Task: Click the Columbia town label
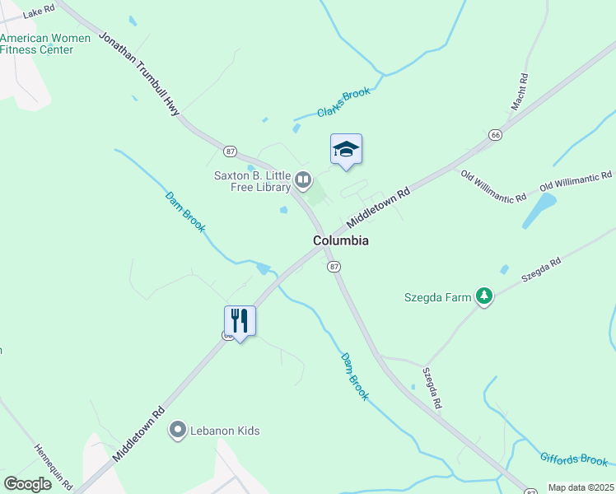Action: [x=340, y=240]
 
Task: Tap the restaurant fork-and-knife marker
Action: [x=240, y=320]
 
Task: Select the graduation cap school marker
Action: [x=346, y=149]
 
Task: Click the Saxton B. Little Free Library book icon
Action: [x=304, y=179]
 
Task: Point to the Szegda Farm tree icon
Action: [x=485, y=296]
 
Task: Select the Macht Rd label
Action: [x=519, y=91]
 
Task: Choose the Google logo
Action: [x=27, y=483]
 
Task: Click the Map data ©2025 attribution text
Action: [x=580, y=487]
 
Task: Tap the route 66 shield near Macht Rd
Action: [x=495, y=134]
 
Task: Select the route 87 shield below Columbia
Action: [x=334, y=267]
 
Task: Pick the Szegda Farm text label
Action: [x=437, y=297]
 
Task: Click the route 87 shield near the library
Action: [x=231, y=151]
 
